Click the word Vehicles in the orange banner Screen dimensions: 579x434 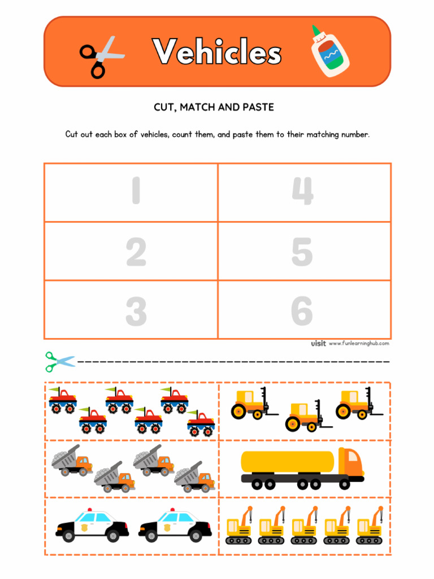217,53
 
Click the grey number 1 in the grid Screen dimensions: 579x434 136,192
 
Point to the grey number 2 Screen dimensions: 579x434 136,252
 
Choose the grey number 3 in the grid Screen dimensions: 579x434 136,311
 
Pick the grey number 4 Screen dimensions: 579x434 302,192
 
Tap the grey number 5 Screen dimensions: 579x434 302,252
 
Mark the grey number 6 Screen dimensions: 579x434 302,311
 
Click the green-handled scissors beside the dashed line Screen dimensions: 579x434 59,361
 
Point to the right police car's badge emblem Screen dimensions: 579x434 167,528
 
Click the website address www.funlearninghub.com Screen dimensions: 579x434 359,343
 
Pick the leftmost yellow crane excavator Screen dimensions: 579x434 238,526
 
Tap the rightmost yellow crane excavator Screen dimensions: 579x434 370,526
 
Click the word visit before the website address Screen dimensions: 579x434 319,343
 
